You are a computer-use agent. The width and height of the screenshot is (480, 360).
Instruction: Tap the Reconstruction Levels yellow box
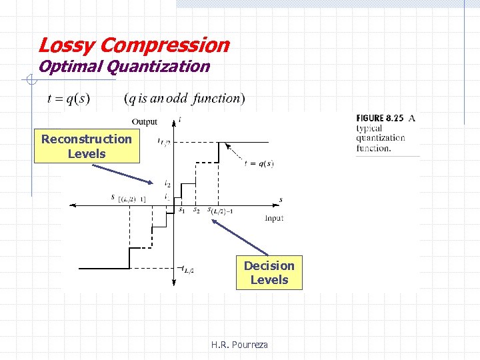click(87, 147)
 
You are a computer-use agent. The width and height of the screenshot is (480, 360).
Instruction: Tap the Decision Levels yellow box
click(269, 273)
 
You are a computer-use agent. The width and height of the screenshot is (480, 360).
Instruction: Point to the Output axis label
click(145, 121)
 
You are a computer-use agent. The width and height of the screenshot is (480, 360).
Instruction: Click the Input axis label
click(274, 218)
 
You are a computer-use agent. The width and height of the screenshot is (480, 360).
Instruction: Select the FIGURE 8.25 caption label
click(380, 119)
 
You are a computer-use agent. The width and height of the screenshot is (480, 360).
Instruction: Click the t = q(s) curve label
click(259, 163)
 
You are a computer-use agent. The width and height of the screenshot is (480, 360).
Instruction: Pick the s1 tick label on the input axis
click(181, 210)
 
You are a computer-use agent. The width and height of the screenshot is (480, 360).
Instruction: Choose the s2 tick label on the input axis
click(196, 210)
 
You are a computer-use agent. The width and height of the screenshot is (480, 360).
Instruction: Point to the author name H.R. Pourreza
click(239, 345)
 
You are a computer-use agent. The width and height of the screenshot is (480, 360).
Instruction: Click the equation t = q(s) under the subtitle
click(69, 99)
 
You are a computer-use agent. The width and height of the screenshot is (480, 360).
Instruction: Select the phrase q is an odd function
click(185, 99)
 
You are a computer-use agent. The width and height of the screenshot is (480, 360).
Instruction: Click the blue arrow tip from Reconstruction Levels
click(153, 181)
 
